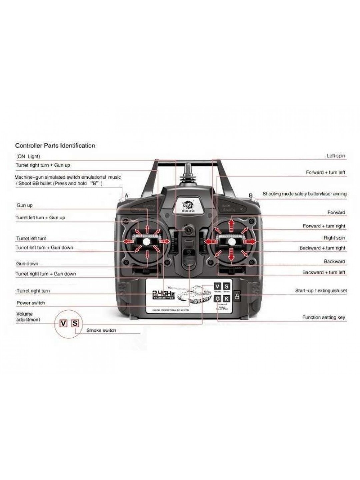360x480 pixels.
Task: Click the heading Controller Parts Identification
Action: [55, 146]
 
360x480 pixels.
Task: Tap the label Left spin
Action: [336, 156]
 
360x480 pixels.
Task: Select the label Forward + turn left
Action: [325, 173]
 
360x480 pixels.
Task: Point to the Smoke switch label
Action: [101, 330]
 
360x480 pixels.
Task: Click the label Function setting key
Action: [323, 317]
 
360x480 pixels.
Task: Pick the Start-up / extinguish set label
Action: [321, 291]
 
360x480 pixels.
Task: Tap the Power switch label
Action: [31, 303]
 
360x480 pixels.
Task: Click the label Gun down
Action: [27, 264]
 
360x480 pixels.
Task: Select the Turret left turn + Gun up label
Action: [40, 218]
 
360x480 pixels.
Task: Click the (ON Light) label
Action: [28, 156]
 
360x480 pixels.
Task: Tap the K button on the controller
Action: [226, 299]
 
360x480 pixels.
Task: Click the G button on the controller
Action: [218, 299]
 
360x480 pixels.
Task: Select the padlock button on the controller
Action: [237, 296]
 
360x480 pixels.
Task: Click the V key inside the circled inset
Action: [63, 323]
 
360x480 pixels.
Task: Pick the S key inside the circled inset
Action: [75, 323]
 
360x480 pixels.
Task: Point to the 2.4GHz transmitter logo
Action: [163, 295]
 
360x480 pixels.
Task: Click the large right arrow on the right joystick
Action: [250, 241]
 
